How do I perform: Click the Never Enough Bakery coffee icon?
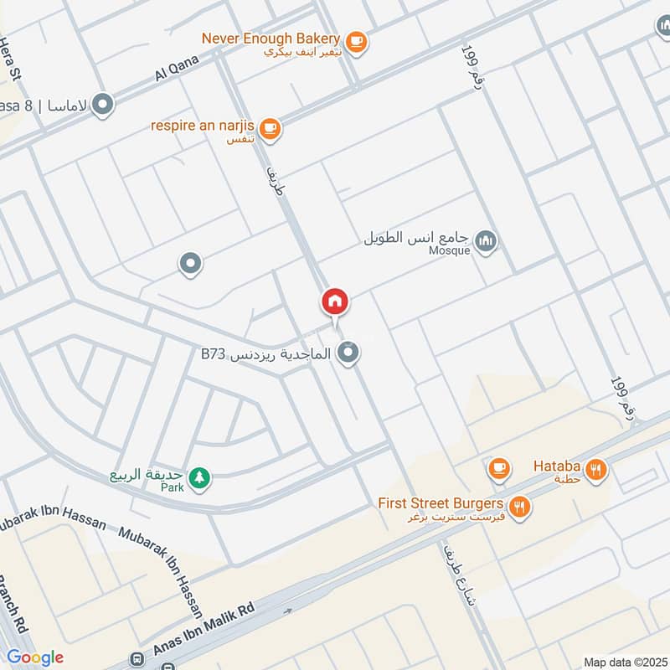(356, 41)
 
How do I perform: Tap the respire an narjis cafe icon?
(270, 128)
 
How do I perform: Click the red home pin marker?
(334, 301)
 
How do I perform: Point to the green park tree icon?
(199, 477)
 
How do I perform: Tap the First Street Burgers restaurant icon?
(520, 507)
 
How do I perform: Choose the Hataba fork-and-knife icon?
(596, 470)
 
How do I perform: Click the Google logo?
(34, 657)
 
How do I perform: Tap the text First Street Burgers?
(440, 503)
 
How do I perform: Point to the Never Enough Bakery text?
(270, 38)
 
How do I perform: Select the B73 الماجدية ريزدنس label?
(265, 354)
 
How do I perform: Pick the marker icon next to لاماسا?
(103, 106)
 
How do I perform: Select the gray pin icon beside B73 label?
(350, 354)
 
